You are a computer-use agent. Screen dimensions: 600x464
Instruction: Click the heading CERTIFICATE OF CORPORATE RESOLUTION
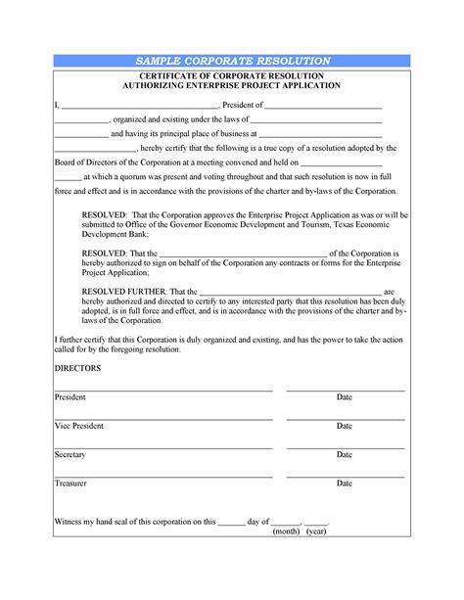[x=231, y=75]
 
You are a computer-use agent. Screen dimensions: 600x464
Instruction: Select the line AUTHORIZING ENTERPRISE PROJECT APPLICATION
[x=231, y=86]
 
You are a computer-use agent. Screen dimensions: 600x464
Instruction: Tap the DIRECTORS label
[x=78, y=368]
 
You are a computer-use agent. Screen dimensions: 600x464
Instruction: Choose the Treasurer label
[x=71, y=484]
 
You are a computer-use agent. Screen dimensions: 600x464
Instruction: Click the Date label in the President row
[x=345, y=398]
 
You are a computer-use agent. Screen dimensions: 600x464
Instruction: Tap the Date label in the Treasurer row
[x=345, y=484]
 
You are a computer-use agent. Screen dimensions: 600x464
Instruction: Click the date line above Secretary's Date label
[x=345, y=447]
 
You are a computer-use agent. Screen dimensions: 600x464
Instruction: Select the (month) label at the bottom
[x=286, y=531]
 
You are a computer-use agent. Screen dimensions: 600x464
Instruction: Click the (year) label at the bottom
[x=316, y=531]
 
